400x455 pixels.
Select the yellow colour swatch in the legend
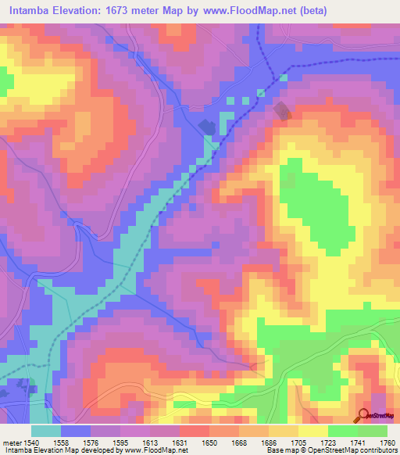pos(312,432)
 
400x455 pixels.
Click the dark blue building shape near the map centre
pos(206,127)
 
